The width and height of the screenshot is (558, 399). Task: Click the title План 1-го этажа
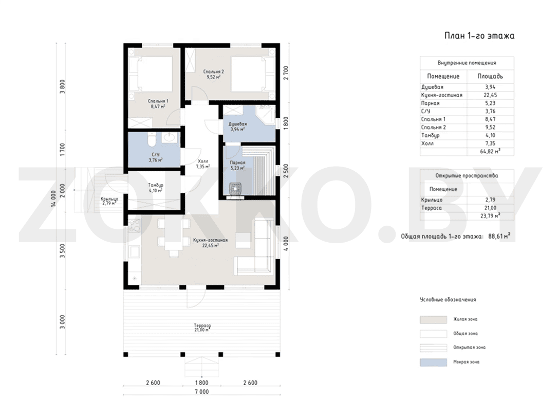[x=479, y=35]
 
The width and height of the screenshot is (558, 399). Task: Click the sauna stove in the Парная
[x=235, y=188]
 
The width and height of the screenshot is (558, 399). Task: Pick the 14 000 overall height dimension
[x=54, y=199]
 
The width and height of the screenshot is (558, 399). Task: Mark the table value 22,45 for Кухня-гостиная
[x=490, y=95]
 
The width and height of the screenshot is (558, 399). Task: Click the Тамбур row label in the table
[x=430, y=135]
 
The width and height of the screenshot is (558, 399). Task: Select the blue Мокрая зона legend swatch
[x=433, y=362]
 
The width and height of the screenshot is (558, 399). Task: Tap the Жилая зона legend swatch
[x=433, y=319]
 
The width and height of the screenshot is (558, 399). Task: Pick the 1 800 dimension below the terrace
[x=201, y=383]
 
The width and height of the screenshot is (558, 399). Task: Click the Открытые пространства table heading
[x=467, y=176]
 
